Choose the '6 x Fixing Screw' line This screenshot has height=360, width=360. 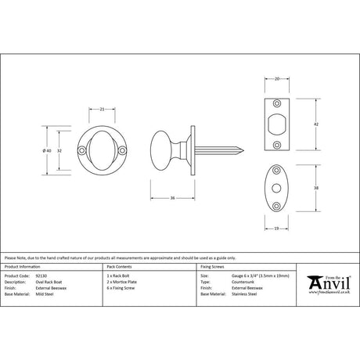click(x=124, y=287)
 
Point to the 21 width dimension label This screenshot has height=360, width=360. click(x=103, y=109)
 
